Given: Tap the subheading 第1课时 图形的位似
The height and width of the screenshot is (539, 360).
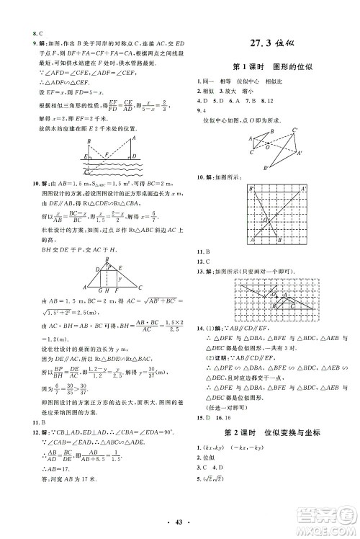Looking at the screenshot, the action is pyautogui.click(x=264, y=66).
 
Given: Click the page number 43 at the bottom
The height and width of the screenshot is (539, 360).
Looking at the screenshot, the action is pyautogui.click(x=180, y=520).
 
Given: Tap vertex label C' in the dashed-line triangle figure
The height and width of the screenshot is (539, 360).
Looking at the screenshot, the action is pyautogui.click(x=295, y=130).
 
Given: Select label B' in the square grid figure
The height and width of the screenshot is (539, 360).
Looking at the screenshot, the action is pyautogui.click(x=253, y=188).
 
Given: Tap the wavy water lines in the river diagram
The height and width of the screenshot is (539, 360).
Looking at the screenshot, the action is pyautogui.click(x=108, y=166).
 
